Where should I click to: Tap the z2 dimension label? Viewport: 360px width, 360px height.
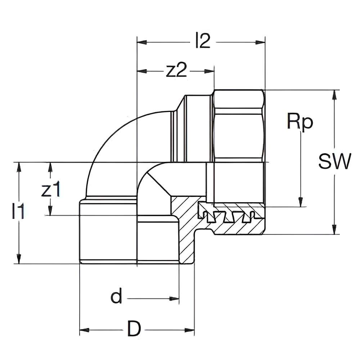[x=176, y=71]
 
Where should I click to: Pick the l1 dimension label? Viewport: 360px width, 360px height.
[x=18, y=212]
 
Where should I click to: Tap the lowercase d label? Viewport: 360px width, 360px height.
[x=116, y=298]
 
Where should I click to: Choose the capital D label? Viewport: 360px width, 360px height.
[x=134, y=330]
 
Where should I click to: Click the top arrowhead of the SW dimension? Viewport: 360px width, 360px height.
[x=335, y=94]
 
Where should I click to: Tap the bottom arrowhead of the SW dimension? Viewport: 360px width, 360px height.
[x=335, y=230]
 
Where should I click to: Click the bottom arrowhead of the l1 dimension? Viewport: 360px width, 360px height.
[x=18, y=259]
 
